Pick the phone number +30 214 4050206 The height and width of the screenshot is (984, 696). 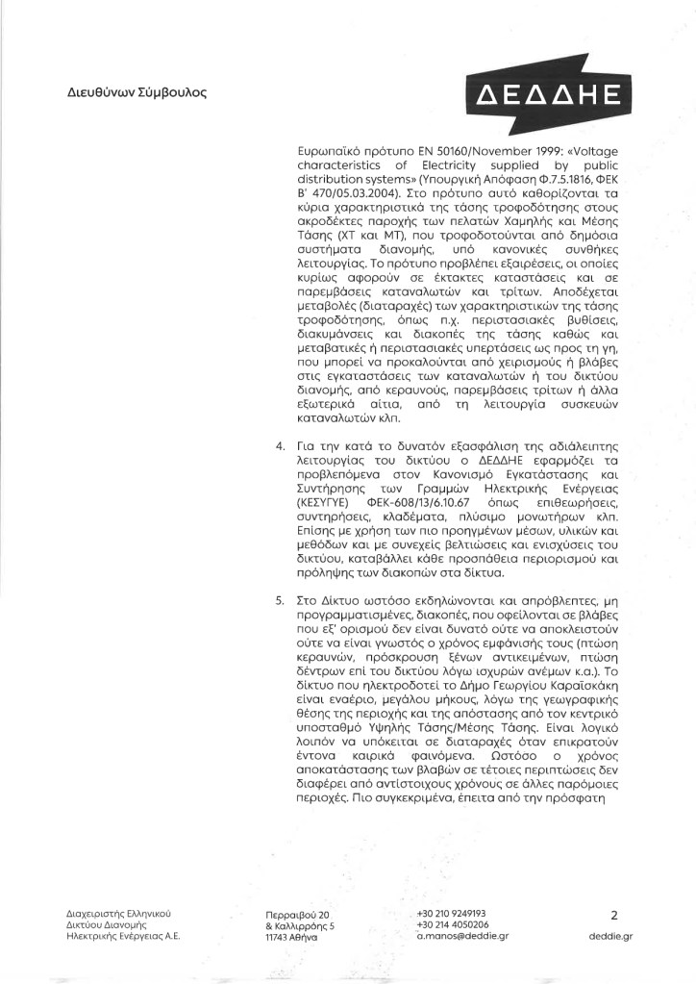click(452, 923)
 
